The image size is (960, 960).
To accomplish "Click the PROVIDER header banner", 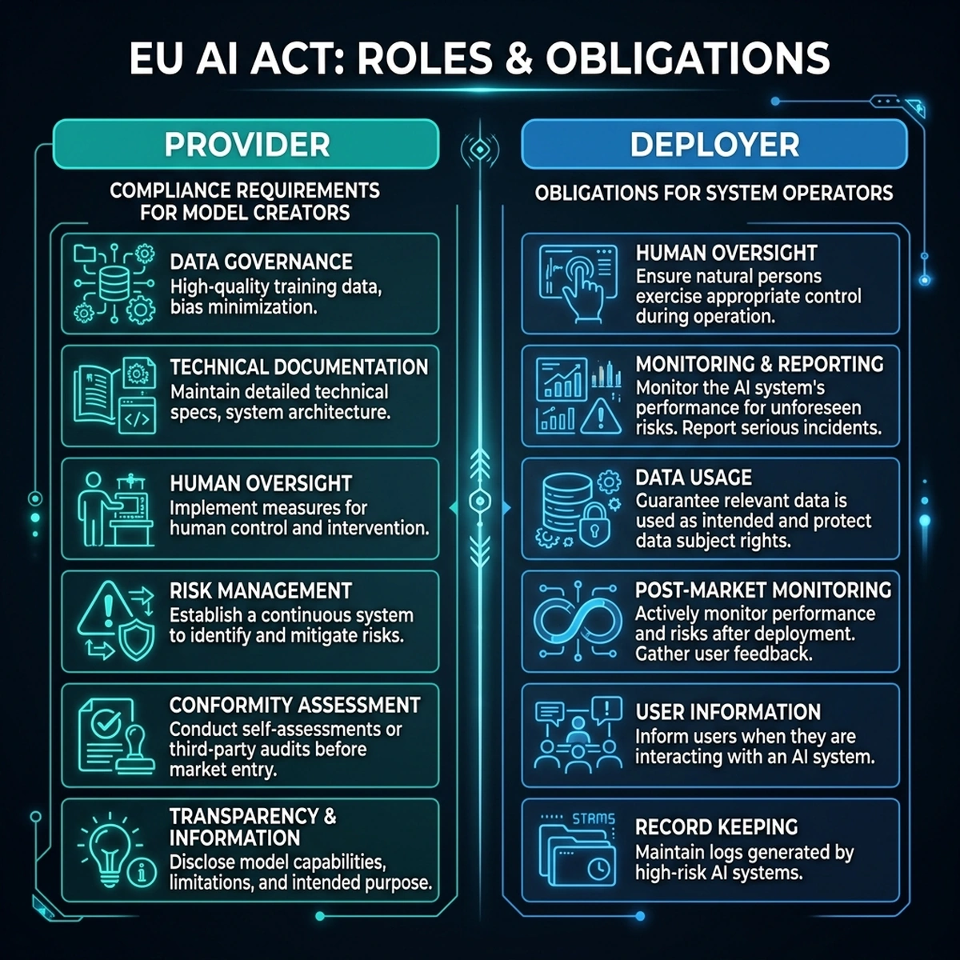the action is tap(246, 144).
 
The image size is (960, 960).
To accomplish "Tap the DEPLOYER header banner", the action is tap(714, 145).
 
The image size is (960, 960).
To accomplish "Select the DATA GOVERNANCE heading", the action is tap(261, 262).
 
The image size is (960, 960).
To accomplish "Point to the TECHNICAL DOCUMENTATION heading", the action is tap(299, 366).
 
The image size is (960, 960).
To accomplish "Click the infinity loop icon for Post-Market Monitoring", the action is tap(578, 621).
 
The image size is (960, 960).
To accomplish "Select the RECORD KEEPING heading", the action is tap(716, 827).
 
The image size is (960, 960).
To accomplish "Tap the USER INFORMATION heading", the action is tap(728, 712).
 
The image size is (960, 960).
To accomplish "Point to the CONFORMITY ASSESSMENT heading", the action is tap(295, 705).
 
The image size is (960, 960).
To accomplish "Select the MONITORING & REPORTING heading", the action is tap(760, 364).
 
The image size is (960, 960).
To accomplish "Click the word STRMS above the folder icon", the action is tap(594, 818).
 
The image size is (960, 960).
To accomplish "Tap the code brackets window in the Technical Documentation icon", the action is tap(137, 416).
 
